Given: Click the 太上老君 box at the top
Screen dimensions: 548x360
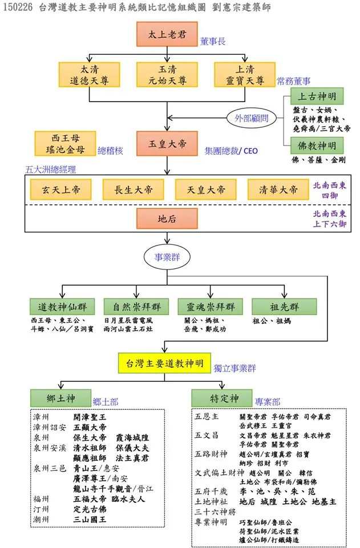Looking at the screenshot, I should click(167, 34).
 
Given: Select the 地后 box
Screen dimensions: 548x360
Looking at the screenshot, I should click(167, 218).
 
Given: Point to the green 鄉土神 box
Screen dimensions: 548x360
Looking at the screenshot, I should click(60, 397).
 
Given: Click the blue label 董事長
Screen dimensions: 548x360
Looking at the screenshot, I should click(213, 42).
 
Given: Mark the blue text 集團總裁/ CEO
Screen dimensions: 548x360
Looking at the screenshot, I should click(232, 151).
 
